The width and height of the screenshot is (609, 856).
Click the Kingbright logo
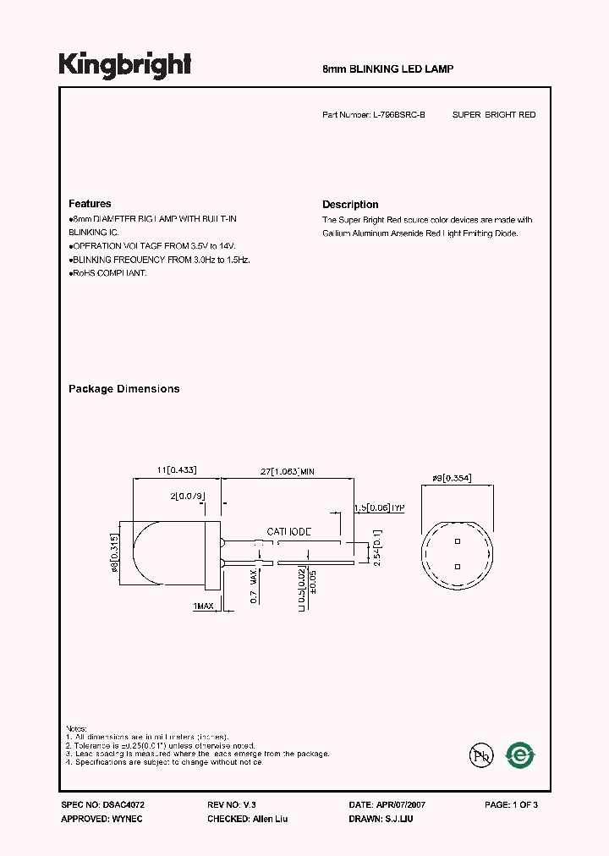coord(124,65)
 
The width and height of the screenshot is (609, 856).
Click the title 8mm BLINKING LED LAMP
coord(388,69)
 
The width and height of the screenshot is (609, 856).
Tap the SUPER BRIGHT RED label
coord(494,114)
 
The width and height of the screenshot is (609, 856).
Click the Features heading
coord(90,204)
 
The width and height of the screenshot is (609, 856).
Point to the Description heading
coord(350,205)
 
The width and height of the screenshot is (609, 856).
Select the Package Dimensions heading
coord(123,389)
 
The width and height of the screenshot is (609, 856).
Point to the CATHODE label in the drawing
coord(289,531)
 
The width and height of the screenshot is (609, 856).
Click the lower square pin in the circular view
coord(457,567)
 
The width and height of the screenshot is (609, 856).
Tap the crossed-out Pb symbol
coord(480,755)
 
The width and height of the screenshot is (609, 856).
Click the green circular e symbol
coord(519,755)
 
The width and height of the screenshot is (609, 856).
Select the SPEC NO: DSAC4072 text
coord(97,805)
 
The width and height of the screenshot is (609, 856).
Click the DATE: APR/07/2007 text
coord(381,805)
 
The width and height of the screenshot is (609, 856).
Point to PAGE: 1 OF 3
coord(511,805)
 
